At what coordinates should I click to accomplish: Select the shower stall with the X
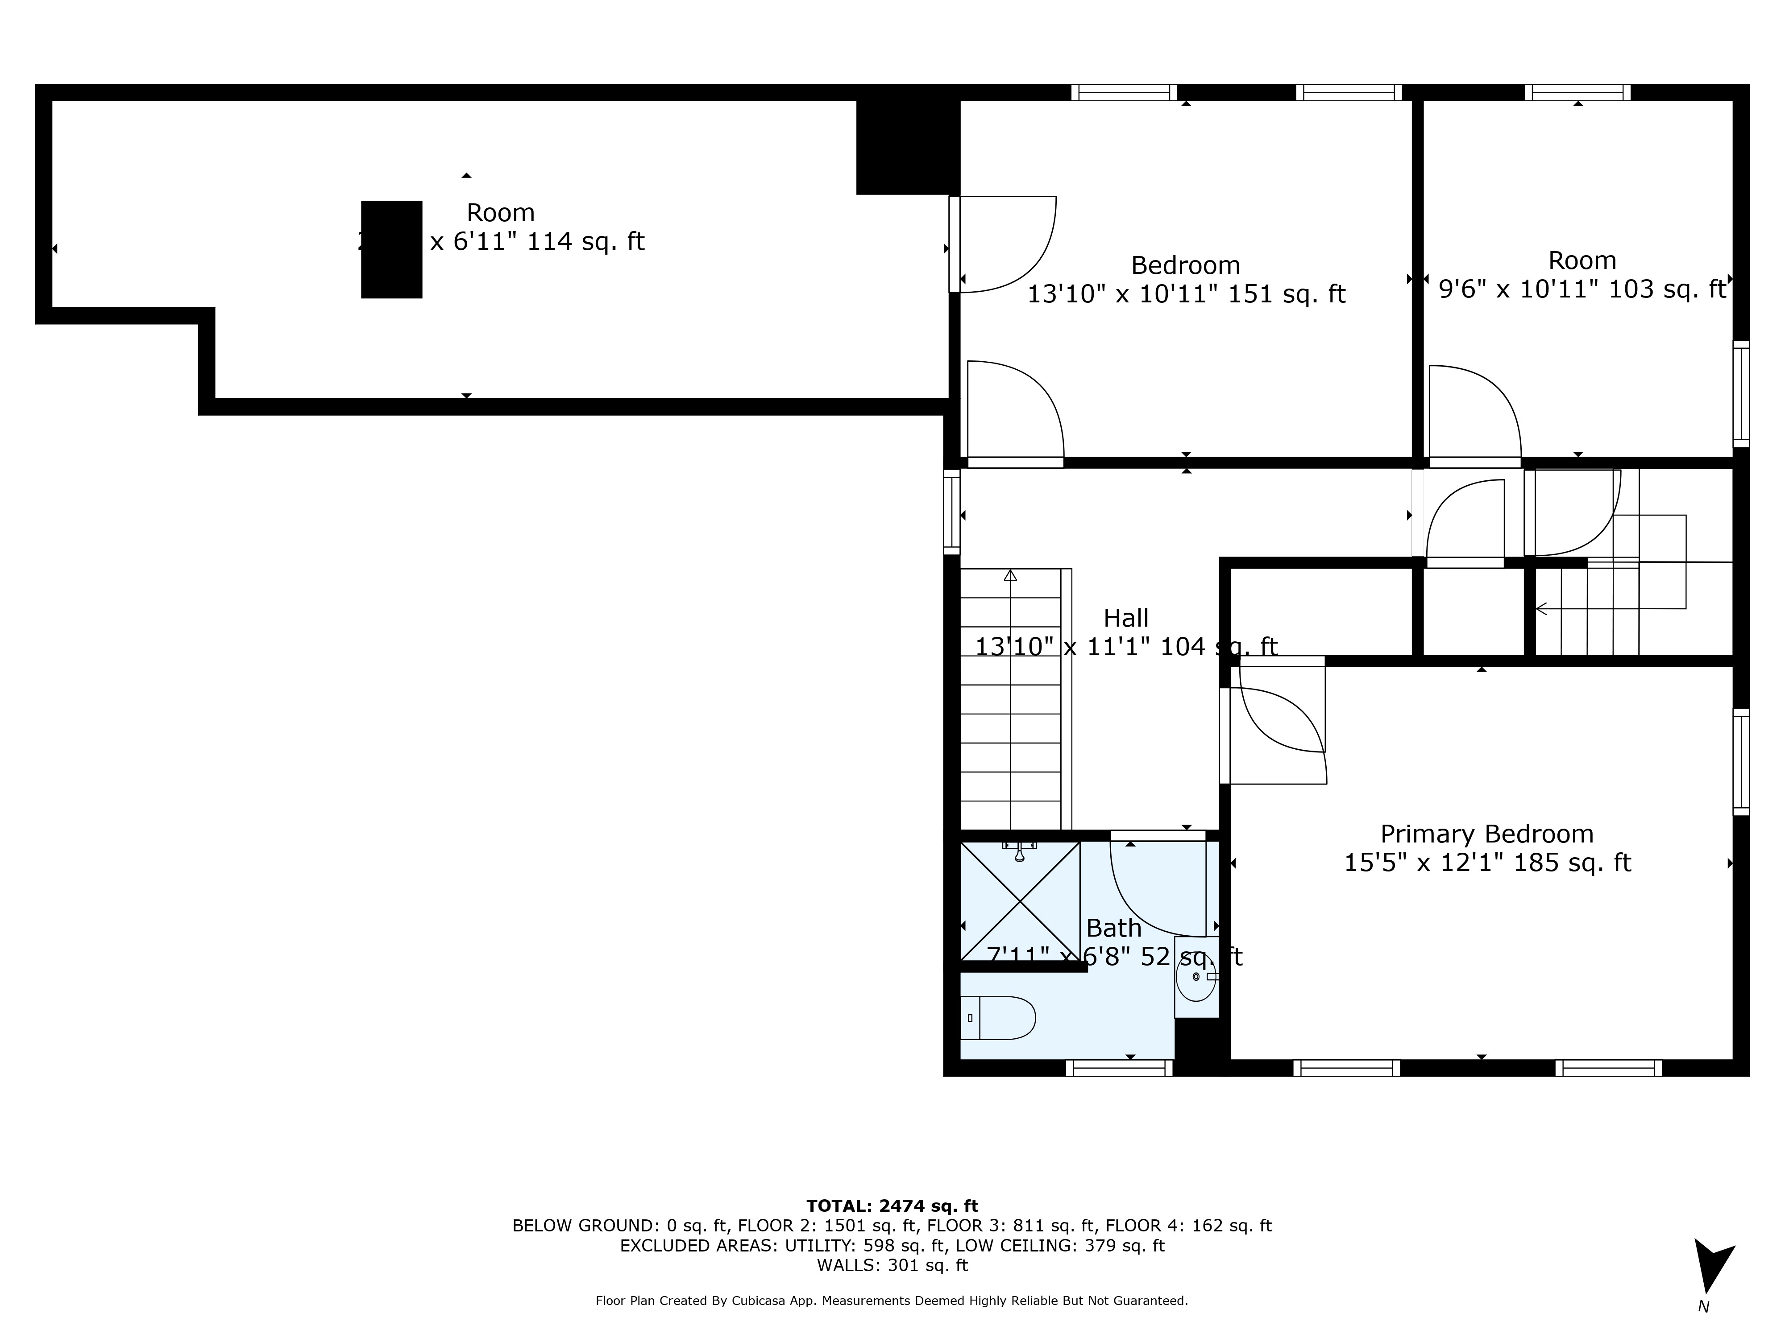pos(1020,901)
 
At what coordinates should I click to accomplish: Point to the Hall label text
pos(1126,619)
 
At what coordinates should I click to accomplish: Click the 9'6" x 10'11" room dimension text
pos(1582,289)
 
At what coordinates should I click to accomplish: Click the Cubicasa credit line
pos(892,1301)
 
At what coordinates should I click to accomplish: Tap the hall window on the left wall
pos(952,512)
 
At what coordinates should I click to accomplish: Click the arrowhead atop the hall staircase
pos(1010,575)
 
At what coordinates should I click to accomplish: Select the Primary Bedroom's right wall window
pos(1741,762)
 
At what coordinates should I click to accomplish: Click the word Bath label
pos(1113,928)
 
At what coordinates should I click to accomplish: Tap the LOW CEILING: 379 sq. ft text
pos(1059,1245)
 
